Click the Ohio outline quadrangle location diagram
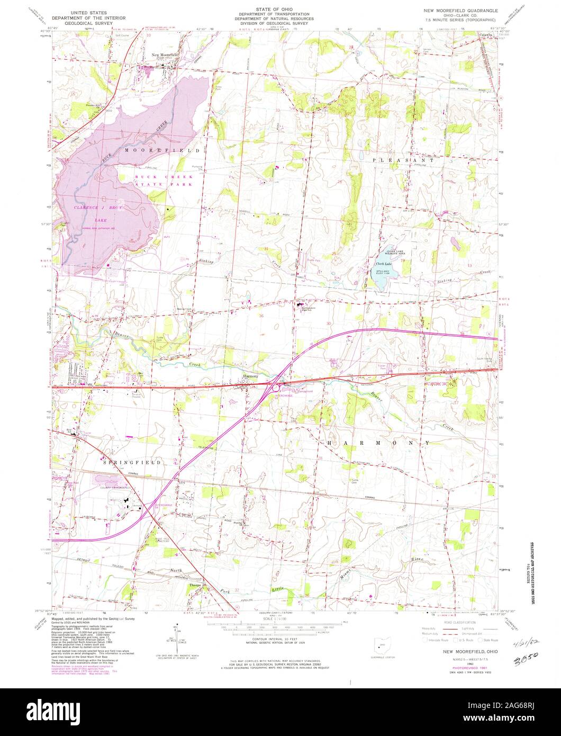pos(381,645)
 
